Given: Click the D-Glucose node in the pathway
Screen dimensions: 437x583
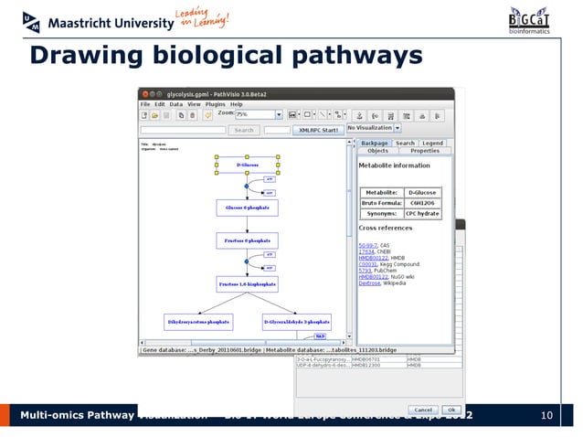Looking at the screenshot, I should [x=248, y=164].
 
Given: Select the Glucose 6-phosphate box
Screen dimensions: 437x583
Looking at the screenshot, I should [x=246, y=208].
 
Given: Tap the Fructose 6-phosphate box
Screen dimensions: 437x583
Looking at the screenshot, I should [x=247, y=240].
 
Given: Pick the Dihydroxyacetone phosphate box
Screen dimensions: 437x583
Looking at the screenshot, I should [x=198, y=322].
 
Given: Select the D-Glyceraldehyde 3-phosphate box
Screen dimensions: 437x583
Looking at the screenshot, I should [x=296, y=322].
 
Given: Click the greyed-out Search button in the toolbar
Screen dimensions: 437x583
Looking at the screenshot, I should [x=244, y=130].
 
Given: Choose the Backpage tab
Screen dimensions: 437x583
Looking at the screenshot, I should [x=375, y=143].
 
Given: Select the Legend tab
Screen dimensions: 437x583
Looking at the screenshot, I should [x=432, y=143].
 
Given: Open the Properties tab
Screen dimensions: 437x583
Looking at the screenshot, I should [x=425, y=151].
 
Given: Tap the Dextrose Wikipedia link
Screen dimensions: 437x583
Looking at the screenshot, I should [x=369, y=283].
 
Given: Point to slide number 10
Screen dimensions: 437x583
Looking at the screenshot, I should [x=547, y=417].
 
